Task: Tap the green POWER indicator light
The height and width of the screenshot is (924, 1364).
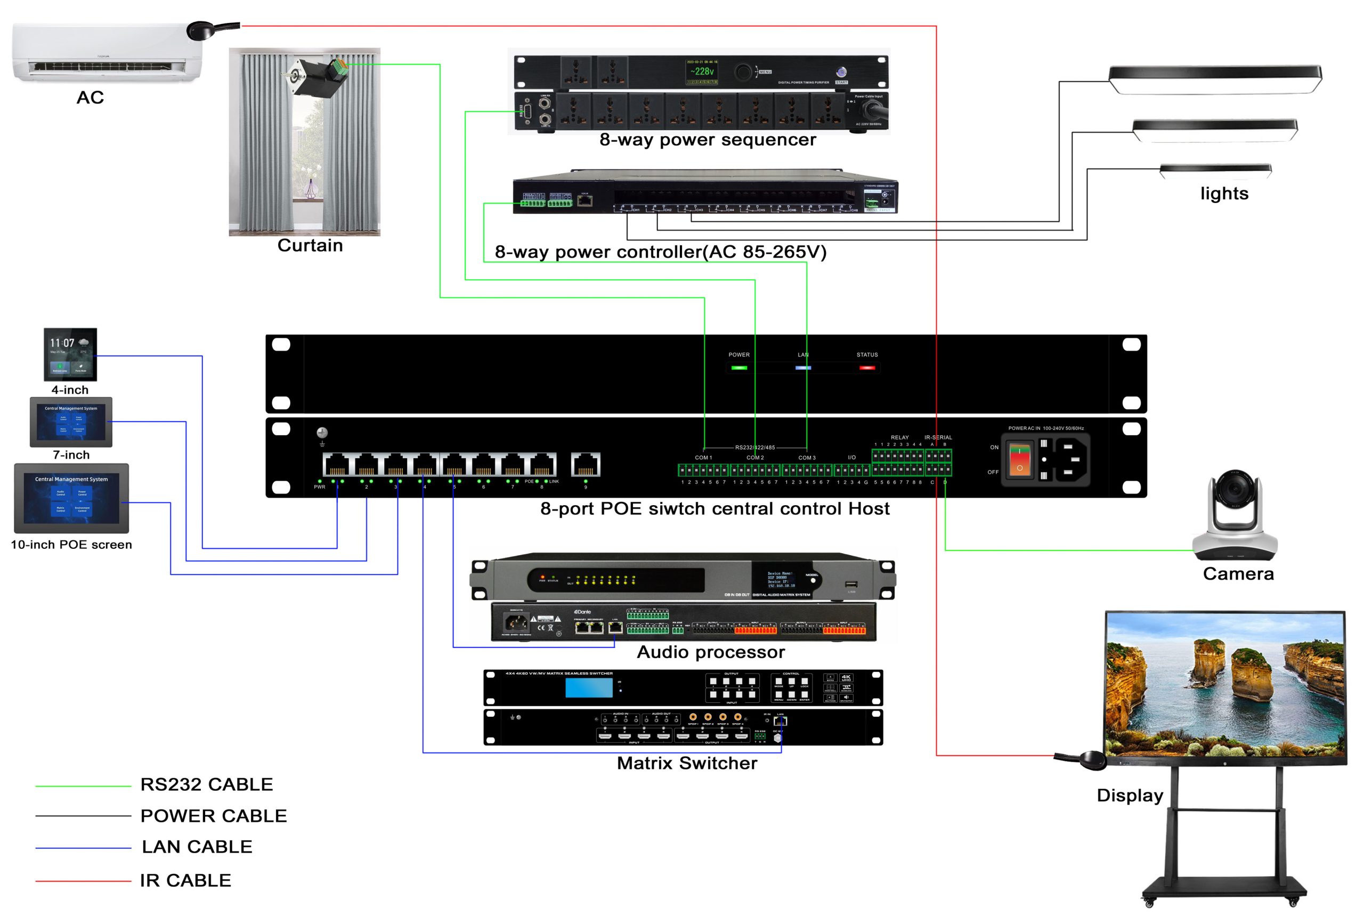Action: (x=739, y=368)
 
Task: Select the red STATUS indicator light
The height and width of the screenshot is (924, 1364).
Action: (x=867, y=368)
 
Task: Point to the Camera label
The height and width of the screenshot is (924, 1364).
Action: (x=1238, y=573)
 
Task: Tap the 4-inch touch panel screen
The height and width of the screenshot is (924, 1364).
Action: (x=70, y=354)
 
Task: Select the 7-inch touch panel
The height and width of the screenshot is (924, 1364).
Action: (x=71, y=422)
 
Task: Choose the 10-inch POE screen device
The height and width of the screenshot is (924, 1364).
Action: (x=71, y=497)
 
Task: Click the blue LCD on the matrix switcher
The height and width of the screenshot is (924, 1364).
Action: (x=589, y=687)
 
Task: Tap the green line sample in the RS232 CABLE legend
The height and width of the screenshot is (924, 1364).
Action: (x=83, y=785)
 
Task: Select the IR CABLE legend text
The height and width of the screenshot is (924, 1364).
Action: (x=185, y=880)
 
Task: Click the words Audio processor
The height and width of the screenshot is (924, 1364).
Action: (x=710, y=652)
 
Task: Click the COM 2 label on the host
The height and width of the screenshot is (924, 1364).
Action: (x=755, y=457)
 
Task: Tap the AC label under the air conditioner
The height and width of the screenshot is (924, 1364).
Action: (x=90, y=98)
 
